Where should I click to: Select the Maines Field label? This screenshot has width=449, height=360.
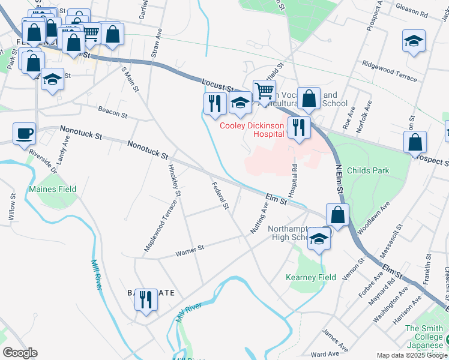[x=52, y=189]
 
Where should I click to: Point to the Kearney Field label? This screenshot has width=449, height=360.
[x=310, y=277]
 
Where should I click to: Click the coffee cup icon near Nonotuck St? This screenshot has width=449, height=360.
[x=24, y=133]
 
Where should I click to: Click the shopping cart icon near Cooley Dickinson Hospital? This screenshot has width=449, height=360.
[x=264, y=91]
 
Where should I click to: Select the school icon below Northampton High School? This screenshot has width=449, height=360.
[x=319, y=239]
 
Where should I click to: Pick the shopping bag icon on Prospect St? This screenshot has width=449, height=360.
[x=415, y=143]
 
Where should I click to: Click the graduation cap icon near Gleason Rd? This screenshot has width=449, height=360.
[x=414, y=41]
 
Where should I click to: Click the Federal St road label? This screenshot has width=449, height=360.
[x=220, y=196]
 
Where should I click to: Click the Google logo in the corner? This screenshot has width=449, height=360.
[x=20, y=352]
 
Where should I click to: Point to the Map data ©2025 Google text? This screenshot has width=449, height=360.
[x=411, y=355]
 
